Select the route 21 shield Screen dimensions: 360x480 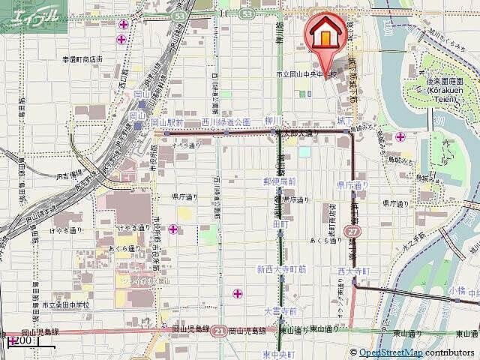[x=219, y=330]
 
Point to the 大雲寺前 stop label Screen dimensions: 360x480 [x=280, y=310]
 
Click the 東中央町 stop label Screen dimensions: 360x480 [x=278, y=353]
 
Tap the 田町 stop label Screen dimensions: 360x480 [x=280, y=224]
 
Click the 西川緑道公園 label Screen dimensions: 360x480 [x=225, y=121]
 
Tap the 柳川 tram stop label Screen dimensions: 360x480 [x=272, y=120]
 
